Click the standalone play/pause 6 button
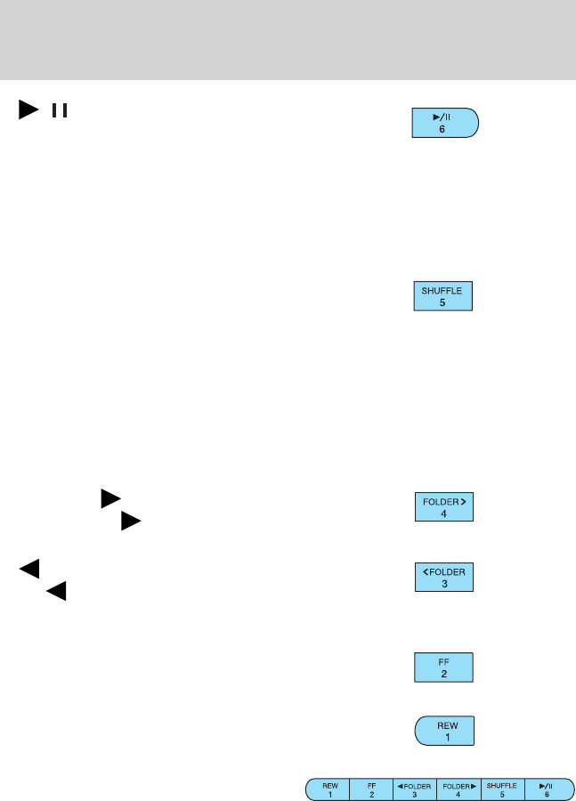(x=444, y=122)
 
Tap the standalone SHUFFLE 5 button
(x=442, y=295)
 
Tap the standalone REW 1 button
(x=443, y=731)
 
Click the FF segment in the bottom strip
(x=371, y=789)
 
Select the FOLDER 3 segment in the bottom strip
(x=415, y=789)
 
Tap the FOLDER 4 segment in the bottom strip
(x=459, y=789)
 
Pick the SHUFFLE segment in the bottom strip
(x=502, y=789)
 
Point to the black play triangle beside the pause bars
(x=28, y=111)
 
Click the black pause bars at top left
(x=60, y=111)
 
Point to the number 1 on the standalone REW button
(x=442, y=737)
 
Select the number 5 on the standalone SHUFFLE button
(x=442, y=302)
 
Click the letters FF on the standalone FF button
(x=442, y=661)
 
